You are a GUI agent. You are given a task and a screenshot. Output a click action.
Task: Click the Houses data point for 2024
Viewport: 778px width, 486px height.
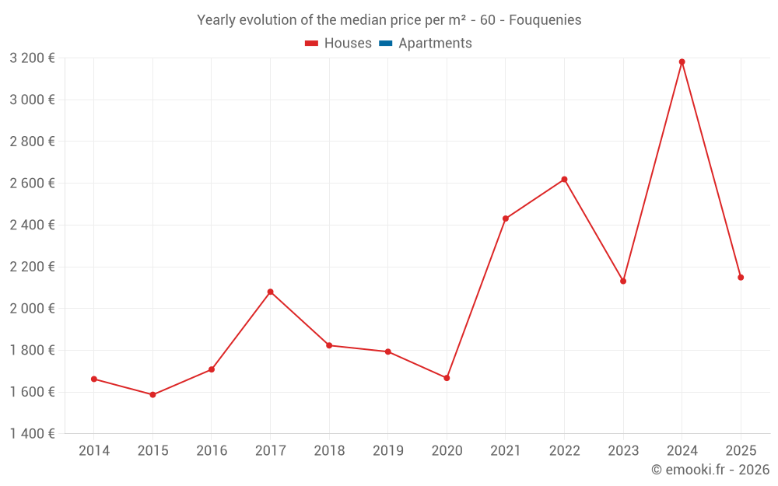[682, 62]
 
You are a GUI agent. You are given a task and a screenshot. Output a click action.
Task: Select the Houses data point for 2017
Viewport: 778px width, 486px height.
[270, 292]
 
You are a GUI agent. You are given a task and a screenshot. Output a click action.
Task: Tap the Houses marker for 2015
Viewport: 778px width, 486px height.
[152, 395]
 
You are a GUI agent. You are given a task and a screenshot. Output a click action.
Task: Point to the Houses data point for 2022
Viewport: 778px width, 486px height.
[564, 180]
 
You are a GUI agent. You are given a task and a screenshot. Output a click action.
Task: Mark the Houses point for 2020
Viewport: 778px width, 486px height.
[447, 378]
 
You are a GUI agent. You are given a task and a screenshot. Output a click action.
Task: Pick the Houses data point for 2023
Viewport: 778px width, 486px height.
[623, 281]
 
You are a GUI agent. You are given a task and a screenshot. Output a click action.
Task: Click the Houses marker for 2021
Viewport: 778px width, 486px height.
[506, 219]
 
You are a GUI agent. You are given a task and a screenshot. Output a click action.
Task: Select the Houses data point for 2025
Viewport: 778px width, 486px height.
[741, 278]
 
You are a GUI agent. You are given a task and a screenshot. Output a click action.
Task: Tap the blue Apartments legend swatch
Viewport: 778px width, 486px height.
[385, 44]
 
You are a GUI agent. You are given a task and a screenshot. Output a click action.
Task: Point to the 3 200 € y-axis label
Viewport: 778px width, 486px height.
[32, 58]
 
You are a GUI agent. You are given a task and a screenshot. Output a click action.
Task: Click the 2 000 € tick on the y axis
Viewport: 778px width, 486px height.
[32, 309]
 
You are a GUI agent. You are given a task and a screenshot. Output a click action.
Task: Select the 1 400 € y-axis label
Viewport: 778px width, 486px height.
[32, 434]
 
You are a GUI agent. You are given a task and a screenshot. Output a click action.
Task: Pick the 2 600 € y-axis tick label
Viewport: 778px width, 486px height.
[32, 184]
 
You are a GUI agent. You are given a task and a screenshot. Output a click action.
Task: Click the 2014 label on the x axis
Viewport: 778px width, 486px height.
[94, 451]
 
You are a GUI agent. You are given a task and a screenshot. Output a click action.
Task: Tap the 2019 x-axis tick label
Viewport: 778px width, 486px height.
[387, 451]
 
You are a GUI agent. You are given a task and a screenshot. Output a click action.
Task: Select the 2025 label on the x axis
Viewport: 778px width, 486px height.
[741, 451]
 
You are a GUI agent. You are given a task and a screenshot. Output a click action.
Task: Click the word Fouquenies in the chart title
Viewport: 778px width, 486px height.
[545, 20]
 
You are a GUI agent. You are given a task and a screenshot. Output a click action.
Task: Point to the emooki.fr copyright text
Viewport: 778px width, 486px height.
[710, 470]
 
